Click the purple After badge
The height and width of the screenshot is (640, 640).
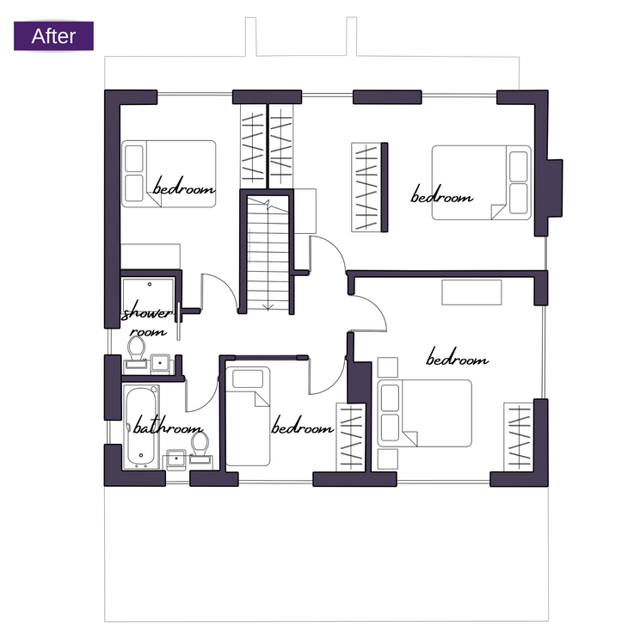tap(53, 36)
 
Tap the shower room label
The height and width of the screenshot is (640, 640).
tap(147, 322)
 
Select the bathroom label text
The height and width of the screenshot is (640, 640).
tap(168, 426)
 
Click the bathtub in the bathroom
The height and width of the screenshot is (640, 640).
tap(141, 427)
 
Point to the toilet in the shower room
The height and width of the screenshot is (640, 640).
tap(136, 353)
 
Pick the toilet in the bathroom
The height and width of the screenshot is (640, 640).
tap(200, 447)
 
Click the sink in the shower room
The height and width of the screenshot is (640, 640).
tap(160, 363)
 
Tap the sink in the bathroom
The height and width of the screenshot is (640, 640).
tap(175, 459)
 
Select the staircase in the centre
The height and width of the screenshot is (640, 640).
tap(268, 253)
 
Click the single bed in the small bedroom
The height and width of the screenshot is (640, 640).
tap(248, 416)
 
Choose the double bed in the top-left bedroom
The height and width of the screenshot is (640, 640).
tap(169, 174)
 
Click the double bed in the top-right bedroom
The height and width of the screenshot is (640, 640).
tap(482, 182)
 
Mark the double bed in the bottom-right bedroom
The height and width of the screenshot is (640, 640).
tap(424, 413)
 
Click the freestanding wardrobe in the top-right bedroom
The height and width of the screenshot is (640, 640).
tap(369, 188)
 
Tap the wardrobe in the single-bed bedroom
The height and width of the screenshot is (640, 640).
tap(351, 437)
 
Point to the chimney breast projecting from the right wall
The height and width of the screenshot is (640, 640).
tap(556, 188)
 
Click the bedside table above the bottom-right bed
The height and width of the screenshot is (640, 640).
tap(388, 367)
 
